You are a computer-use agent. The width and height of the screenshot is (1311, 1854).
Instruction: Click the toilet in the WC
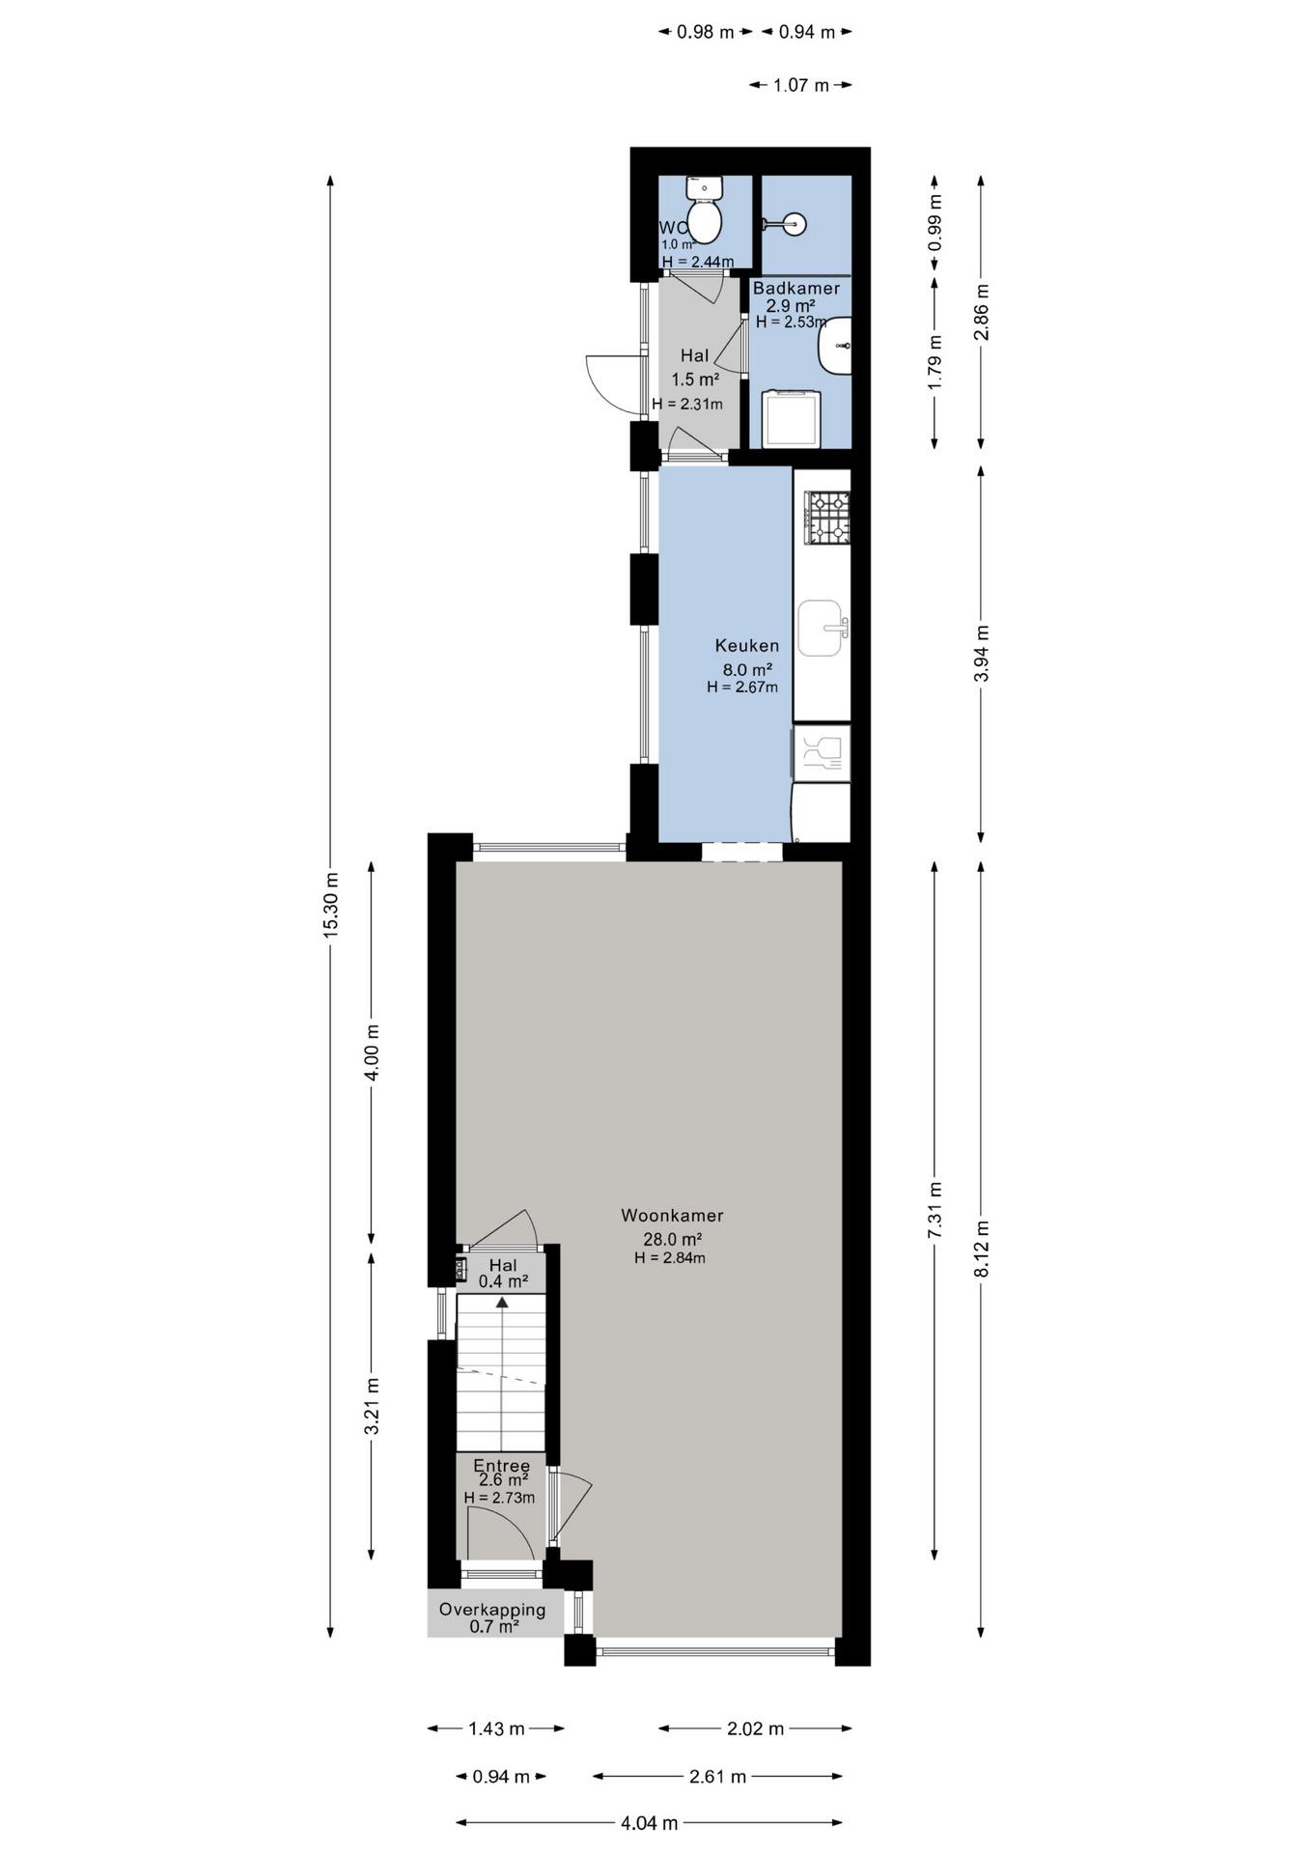(704, 210)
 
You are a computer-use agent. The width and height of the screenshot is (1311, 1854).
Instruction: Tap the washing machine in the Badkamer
(791, 419)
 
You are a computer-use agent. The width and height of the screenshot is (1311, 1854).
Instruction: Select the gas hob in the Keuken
(827, 518)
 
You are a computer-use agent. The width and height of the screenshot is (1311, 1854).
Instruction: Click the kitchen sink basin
(821, 628)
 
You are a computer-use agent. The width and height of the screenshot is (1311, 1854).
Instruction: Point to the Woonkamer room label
(672, 1216)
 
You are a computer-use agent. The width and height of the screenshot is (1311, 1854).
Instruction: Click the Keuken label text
(747, 645)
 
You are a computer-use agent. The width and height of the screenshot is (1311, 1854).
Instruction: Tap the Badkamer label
(796, 288)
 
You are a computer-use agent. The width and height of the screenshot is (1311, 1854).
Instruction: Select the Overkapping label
(492, 1610)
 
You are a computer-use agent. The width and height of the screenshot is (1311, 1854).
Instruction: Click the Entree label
(501, 1466)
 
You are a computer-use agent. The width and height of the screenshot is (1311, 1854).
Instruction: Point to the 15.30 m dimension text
(330, 905)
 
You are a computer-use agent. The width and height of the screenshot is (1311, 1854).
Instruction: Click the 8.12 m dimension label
(981, 1249)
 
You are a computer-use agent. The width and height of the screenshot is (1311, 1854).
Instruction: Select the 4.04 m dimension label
(649, 1823)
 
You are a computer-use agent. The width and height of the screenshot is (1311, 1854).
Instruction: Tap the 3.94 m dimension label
(981, 654)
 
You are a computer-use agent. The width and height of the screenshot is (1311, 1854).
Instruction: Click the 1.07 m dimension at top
(800, 85)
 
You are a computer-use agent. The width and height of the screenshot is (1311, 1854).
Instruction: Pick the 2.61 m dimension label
(717, 1776)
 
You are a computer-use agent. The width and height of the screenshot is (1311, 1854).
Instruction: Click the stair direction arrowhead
(502, 1303)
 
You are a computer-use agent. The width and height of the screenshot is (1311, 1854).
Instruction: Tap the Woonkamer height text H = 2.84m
(670, 1258)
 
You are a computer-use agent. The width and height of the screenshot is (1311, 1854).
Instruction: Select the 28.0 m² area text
(672, 1239)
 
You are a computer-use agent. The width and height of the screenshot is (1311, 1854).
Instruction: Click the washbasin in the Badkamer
(835, 345)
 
